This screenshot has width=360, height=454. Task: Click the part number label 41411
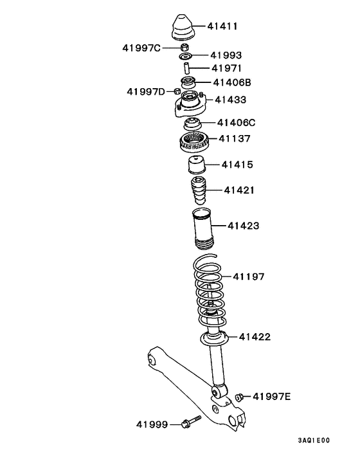coord(222,26)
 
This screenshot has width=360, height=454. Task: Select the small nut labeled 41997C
coord(184,47)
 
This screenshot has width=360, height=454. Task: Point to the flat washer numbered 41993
coord(186,56)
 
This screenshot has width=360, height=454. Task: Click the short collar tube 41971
coord(186,68)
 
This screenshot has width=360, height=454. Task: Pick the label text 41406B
coord(232,82)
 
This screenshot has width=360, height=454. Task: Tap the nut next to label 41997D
coord(177,92)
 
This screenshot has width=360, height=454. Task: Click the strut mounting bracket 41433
coord(190,104)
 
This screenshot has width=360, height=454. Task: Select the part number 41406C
coord(236,123)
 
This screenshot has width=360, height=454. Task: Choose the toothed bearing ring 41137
coord(194,141)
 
